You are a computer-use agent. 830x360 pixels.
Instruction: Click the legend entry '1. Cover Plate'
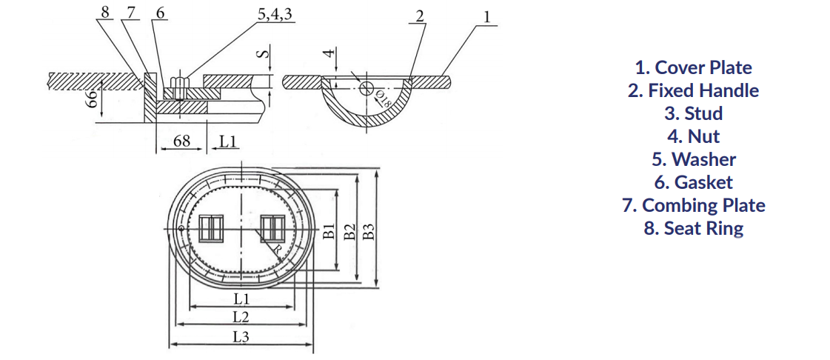click(693, 67)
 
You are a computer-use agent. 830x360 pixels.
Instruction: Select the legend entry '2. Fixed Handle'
click(693, 90)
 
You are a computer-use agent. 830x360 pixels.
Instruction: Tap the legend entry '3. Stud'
click(693, 113)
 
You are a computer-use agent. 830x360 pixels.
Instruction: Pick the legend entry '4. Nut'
click(693, 136)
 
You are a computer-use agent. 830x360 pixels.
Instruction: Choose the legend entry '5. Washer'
click(693, 159)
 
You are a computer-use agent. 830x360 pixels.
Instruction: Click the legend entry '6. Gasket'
click(693, 182)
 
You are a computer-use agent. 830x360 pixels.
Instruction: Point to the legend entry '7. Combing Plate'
click(693, 205)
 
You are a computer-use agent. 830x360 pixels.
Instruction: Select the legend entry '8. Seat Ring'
click(693, 228)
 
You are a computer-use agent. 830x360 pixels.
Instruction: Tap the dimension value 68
click(181, 141)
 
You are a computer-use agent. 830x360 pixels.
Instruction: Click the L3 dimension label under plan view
click(240, 336)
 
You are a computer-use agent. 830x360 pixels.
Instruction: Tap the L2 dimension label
click(240, 317)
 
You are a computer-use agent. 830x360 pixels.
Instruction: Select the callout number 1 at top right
click(486, 16)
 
